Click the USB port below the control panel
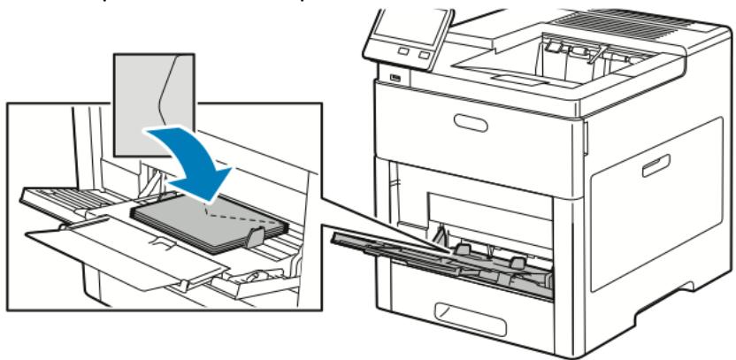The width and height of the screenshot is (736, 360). pos(394,80)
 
